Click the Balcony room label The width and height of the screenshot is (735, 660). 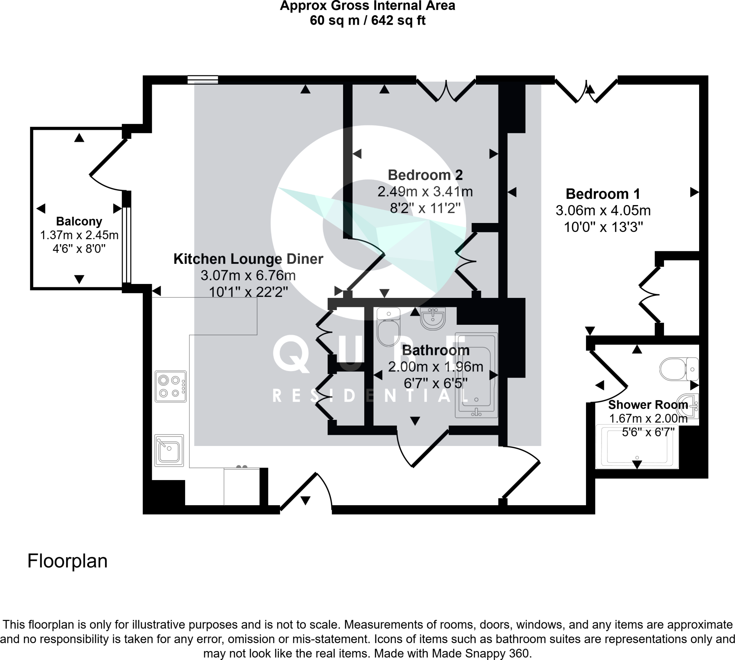point(79,221)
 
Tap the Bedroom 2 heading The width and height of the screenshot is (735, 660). point(425,175)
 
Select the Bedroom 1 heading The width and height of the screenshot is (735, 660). point(603,194)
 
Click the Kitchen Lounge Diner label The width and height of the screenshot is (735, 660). point(248,259)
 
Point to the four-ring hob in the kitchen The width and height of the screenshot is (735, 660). point(170,386)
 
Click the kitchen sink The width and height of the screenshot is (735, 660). point(169,450)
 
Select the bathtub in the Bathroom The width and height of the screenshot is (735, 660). point(476,375)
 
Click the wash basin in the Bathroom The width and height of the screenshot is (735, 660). point(433,319)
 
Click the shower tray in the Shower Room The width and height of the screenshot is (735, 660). point(637,447)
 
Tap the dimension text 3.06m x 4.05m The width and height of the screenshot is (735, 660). point(603,211)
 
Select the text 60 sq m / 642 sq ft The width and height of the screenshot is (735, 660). point(367,21)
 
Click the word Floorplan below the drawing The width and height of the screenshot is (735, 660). point(67,561)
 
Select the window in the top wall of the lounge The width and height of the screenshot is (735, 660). point(202,80)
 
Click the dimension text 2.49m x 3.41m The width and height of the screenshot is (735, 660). point(425,191)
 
